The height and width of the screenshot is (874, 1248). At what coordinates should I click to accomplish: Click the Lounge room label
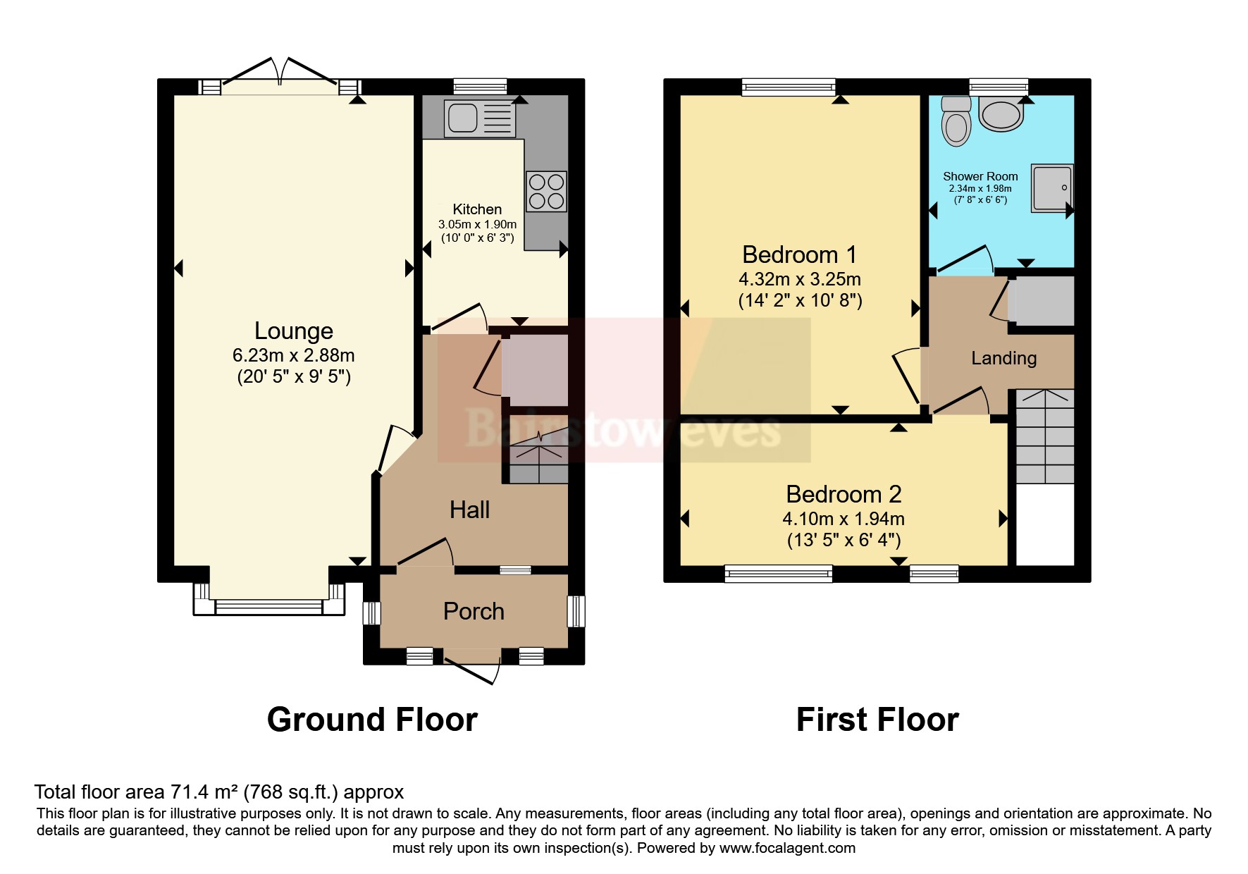tap(293, 331)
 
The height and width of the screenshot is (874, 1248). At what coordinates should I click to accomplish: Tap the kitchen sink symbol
tap(478, 118)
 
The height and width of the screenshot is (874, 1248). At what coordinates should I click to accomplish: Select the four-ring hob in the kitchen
tap(546, 191)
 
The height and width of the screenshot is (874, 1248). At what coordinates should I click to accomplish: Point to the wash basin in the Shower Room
tap(1001, 114)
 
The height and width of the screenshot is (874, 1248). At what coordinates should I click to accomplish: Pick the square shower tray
tap(1052, 187)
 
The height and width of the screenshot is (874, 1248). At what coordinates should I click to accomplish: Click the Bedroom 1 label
tap(799, 254)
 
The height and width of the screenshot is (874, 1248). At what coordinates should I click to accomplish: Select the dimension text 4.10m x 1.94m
tap(844, 519)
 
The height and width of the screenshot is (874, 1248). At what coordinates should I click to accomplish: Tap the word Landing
tap(1003, 359)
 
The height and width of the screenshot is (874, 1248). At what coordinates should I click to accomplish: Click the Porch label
tap(474, 612)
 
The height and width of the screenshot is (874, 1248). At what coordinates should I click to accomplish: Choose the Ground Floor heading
tap(372, 720)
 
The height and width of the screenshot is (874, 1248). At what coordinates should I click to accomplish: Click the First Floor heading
tap(877, 720)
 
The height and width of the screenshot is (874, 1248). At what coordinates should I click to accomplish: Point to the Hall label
tap(469, 510)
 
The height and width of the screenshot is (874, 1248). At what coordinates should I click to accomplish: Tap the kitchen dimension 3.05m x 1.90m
tap(477, 224)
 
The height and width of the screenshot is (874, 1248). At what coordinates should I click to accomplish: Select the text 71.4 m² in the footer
tap(204, 792)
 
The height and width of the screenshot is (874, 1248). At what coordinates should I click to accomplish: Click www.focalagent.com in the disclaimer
tap(787, 848)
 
